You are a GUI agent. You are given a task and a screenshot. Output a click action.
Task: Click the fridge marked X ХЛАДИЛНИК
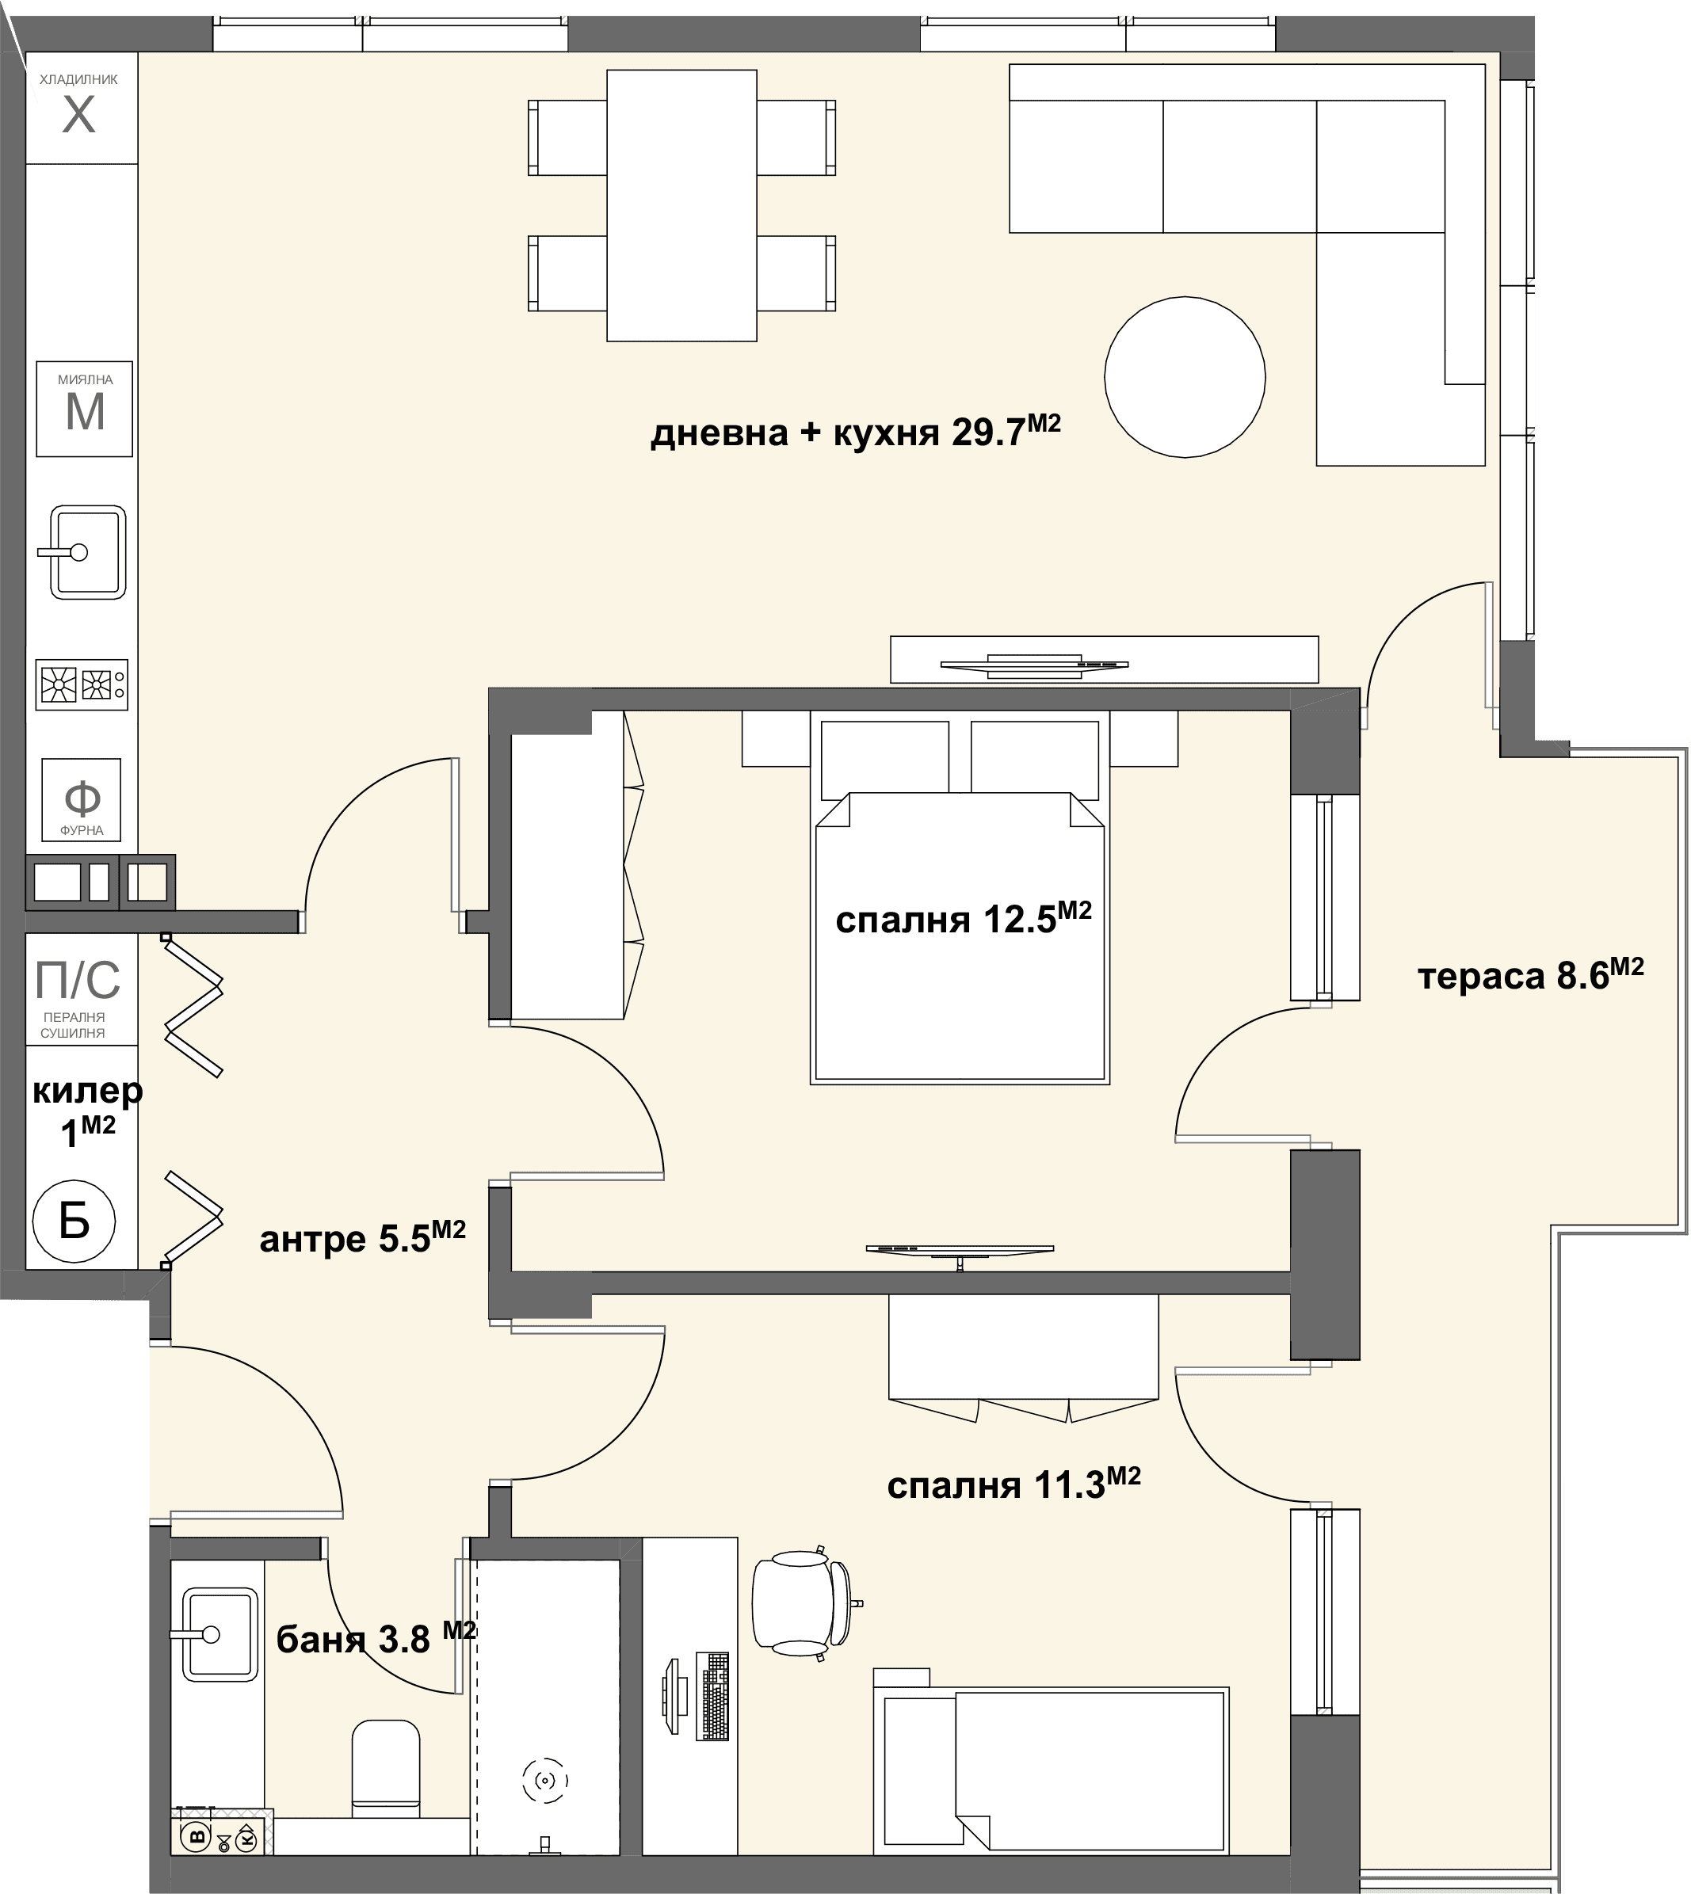click(82, 108)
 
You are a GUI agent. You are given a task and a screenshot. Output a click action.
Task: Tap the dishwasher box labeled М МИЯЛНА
click(85, 409)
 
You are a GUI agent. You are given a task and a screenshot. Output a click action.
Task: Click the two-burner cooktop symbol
click(82, 684)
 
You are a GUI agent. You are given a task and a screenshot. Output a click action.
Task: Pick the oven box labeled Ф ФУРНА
click(82, 800)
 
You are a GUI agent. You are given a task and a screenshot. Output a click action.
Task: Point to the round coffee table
click(1185, 377)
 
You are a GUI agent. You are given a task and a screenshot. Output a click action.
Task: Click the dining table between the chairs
click(682, 205)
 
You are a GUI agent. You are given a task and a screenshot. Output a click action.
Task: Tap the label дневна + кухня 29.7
click(856, 432)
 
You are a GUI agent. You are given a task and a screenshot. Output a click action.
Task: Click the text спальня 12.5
click(964, 919)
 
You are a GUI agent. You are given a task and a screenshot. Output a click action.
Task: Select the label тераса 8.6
click(1531, 975)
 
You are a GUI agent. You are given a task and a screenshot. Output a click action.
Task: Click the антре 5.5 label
click(362, 1238)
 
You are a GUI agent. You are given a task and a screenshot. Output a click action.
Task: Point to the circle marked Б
click(74, 1221)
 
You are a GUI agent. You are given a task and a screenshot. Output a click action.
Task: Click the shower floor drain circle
click(545, 1781)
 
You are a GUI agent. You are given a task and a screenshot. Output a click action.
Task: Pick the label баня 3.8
click(376, 1641)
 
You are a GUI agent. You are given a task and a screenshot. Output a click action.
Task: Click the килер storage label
click(87, 1111)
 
